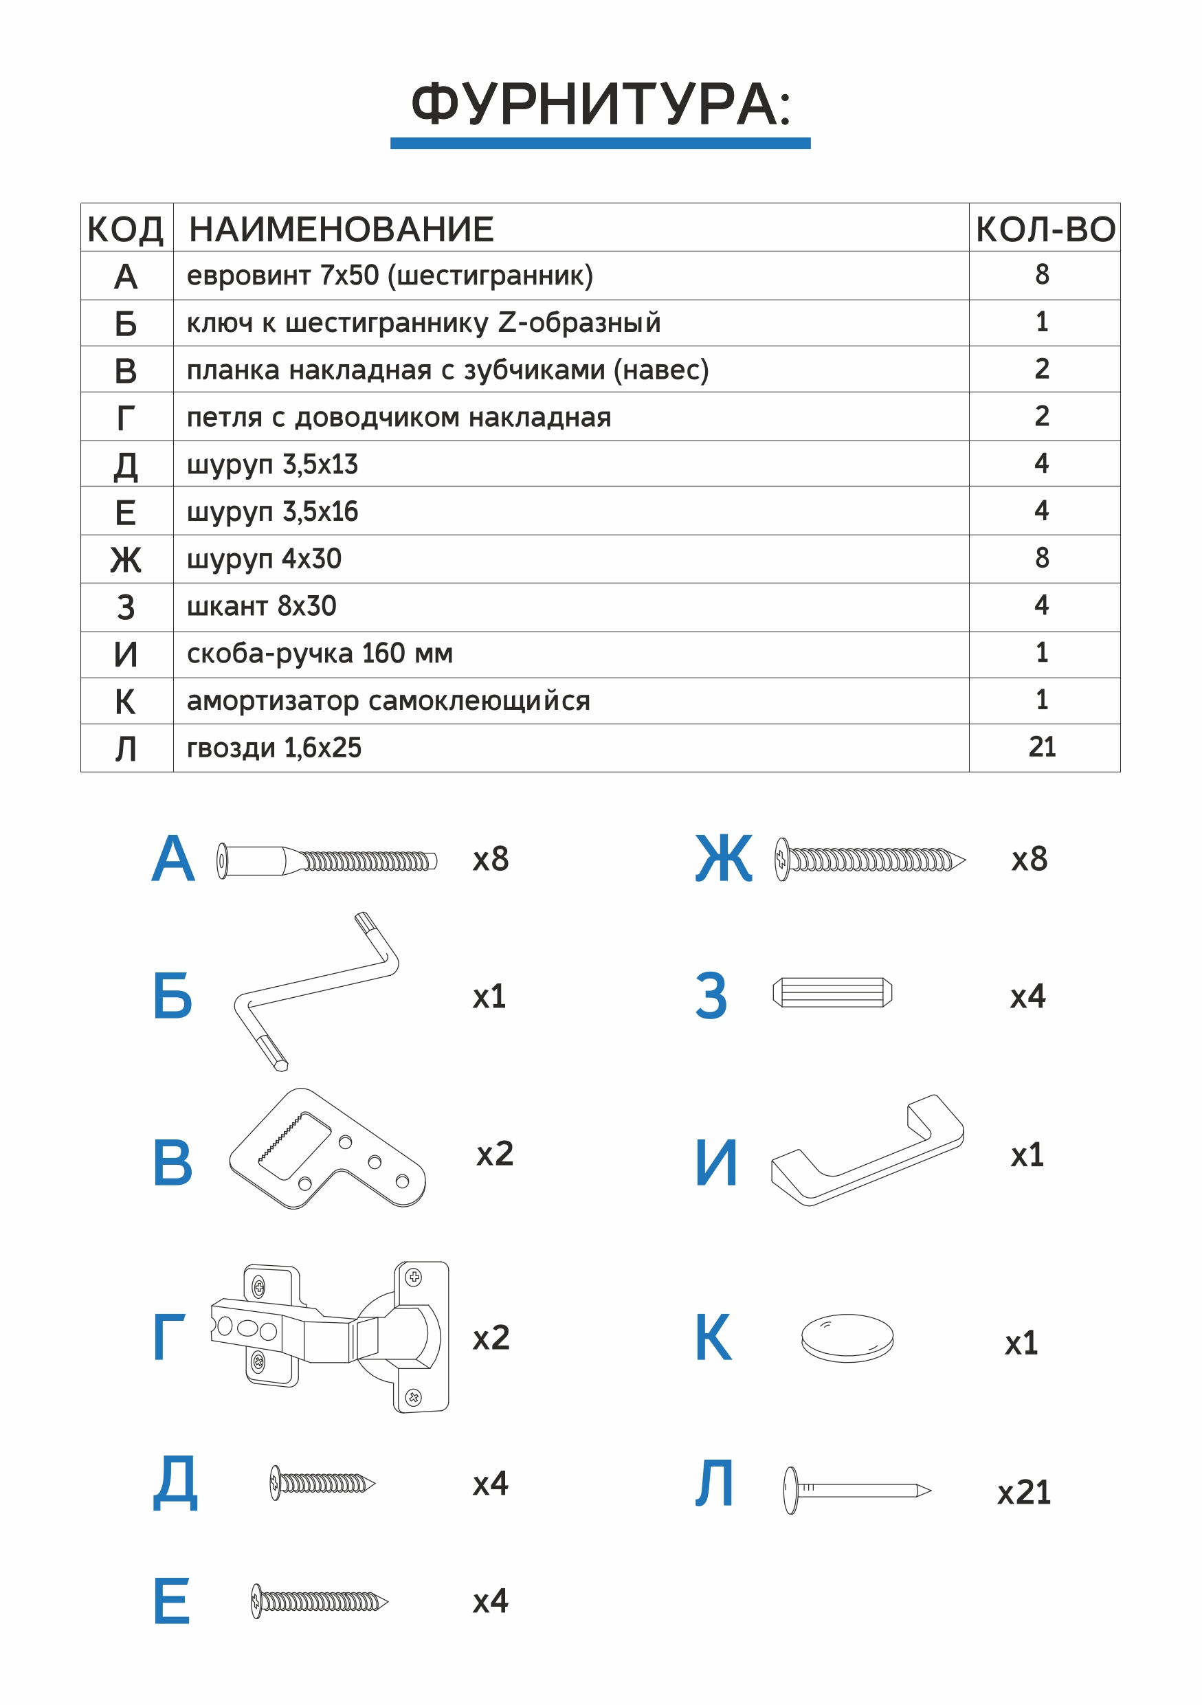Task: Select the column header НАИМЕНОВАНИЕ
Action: click(x=341, y=230)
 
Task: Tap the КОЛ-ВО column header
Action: click(x=1045, y=230)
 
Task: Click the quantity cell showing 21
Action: click(x=1042, y=747)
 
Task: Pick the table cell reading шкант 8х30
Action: click(x=261, y=607)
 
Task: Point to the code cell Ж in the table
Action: click(x=126, y=560)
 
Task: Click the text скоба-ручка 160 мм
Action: click(x=320, y=654)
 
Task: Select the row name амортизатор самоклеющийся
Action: click(x=388, y=701)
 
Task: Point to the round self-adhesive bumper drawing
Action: click(x=847, y=1338)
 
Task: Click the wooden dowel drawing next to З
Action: click(x=832, y=993)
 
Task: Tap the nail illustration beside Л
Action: click(x=857, y=1491)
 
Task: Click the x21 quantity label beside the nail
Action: click(x=1024, y=1493)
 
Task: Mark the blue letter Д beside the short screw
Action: click(x=175, y=1484)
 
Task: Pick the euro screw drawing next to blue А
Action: click(x=326, y=860)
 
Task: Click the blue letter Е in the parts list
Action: click(x=172, y=1601)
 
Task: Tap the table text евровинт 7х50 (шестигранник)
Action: click(x=390, y=276)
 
